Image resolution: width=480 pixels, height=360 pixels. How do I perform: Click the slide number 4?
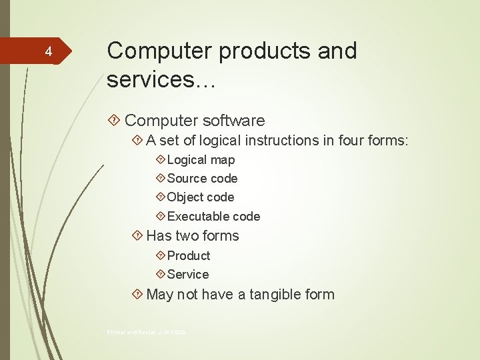coord(47,51)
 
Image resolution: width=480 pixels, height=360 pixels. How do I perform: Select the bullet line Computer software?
coord(195,121)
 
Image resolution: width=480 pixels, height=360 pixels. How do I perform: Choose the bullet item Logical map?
coord(201,160)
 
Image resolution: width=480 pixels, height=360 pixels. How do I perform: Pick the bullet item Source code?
coord(202,179)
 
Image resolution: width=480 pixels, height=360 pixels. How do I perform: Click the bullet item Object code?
coord(201,197)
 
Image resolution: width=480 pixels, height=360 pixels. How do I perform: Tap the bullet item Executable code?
coord(213,216)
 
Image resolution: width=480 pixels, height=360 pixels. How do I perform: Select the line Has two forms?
coord(192,236)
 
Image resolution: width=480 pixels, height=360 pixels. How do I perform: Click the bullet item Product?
coord(189,256)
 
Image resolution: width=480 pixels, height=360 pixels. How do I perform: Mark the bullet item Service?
coord(188,275)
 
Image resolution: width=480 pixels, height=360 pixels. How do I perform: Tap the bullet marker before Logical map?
coord(160,160)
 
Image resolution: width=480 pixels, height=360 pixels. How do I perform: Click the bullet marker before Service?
coord(160,275)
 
